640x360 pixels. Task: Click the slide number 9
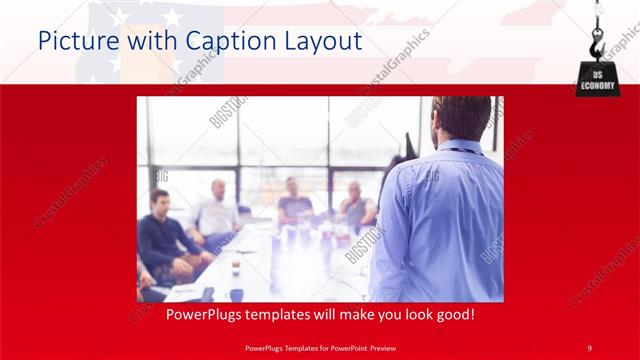[x=590, y=347]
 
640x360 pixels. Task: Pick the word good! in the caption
[x=452, y=314]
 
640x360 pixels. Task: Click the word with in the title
[x=151, y=42]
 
